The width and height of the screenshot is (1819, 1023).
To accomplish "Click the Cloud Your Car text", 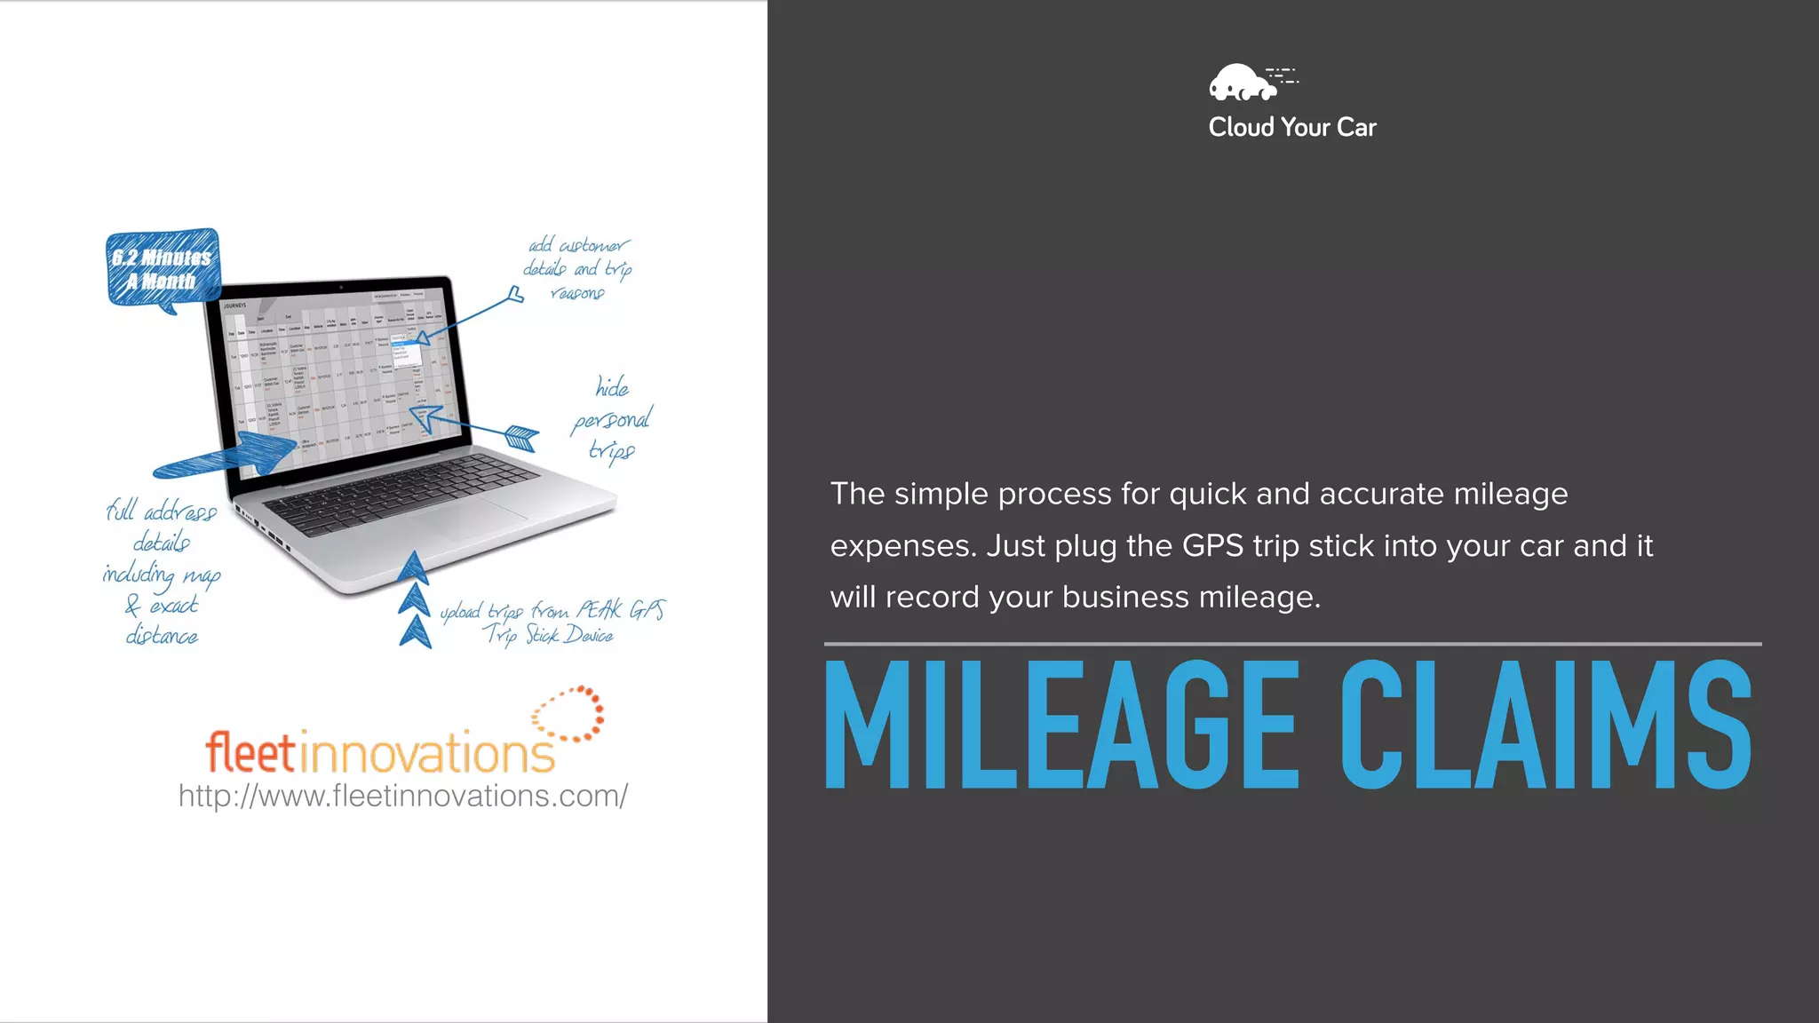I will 1291,128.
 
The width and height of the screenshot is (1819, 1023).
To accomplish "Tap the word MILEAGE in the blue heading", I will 1061,725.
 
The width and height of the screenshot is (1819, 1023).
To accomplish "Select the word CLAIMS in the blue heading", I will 1545,725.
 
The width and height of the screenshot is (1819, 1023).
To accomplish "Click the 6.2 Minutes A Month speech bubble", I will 163,269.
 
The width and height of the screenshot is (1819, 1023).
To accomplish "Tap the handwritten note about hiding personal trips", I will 612,419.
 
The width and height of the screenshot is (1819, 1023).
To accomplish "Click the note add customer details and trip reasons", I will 577,268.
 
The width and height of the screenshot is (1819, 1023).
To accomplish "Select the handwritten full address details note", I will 162,574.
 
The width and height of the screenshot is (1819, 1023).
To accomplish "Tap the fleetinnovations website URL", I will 402,796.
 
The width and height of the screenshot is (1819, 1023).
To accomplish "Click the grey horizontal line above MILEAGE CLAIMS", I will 1292,644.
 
